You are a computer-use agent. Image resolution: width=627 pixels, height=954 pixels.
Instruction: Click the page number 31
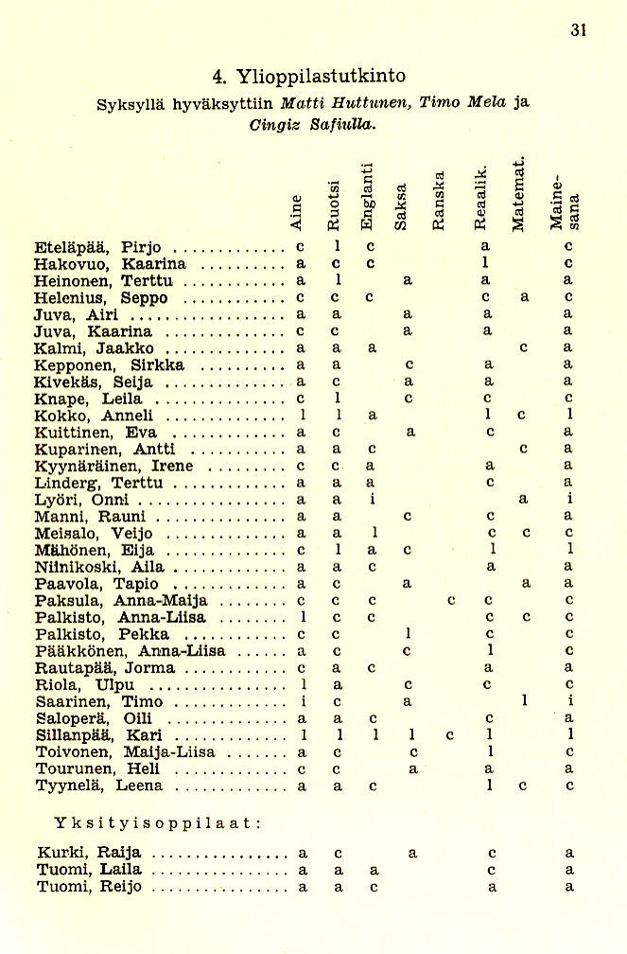pos(580,29)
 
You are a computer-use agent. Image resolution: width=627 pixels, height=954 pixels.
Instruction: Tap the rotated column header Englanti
pos(368,196)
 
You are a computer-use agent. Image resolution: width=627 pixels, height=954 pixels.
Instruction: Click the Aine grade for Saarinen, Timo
pos(301,701)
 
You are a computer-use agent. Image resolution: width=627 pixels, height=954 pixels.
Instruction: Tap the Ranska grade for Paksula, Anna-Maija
pos(452,600)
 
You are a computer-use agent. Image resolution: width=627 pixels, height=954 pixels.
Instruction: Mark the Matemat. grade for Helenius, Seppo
pos(522,297)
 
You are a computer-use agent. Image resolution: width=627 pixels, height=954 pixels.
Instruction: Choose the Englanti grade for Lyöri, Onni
pos(373,500)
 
